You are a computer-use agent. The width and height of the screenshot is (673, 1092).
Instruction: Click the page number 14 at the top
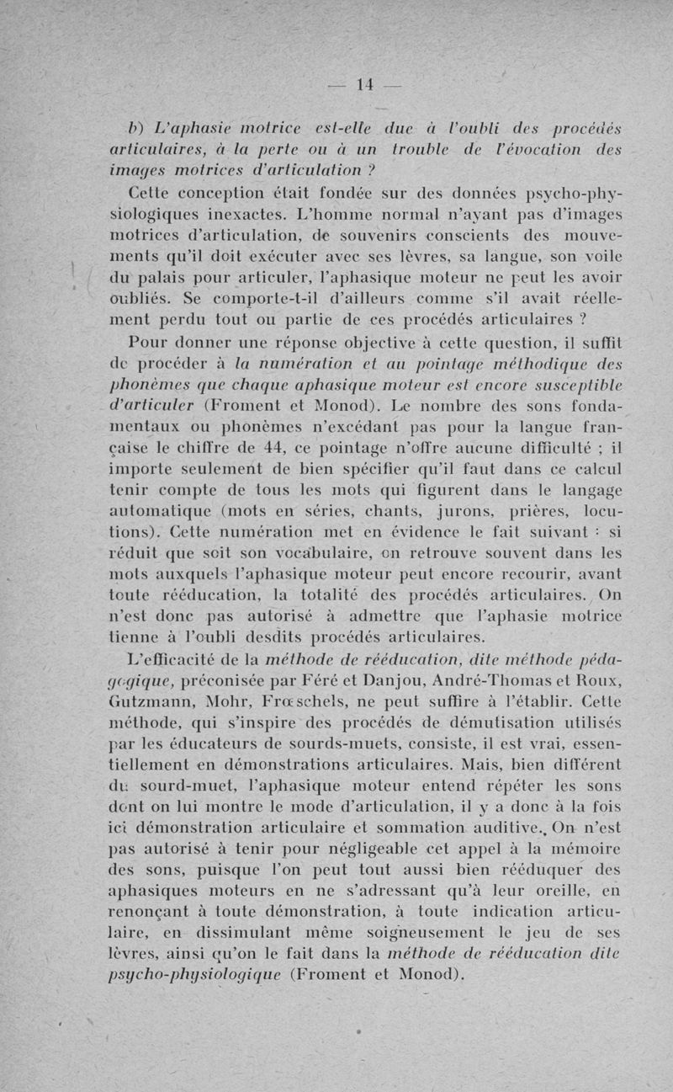click(364, 84)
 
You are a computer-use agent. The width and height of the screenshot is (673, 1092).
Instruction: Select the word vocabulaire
click(303, 553)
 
